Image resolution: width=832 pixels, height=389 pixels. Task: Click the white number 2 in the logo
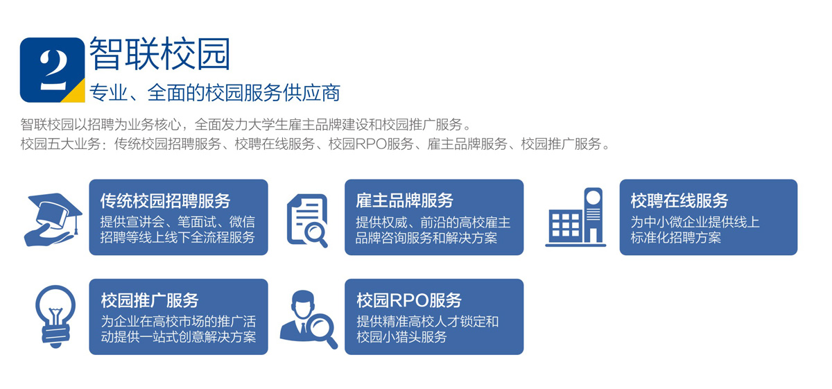coord(54,69)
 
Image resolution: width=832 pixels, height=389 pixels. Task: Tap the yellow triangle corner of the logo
coord(77,94)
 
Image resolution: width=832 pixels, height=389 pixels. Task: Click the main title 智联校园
coord(159,53)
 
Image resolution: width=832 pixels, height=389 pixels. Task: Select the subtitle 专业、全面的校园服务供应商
coord(215,92)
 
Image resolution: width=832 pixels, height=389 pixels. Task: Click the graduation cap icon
coord(53,219)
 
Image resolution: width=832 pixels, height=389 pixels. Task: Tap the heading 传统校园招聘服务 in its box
coord(165,200)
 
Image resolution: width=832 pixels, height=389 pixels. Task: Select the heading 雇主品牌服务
coord(404,200)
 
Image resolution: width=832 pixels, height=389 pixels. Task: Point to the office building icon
coord(575,217)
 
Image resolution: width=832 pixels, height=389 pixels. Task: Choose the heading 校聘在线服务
coord(679,200)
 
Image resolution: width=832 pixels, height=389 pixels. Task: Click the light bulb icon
coord(55,317)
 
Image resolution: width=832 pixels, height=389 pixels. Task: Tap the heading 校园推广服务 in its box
coord(150,300)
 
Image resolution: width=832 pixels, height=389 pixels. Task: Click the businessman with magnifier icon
coord(309,320)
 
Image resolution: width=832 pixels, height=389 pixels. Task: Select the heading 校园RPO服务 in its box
coord(409,300)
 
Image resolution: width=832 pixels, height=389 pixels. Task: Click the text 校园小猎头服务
coord(401,337)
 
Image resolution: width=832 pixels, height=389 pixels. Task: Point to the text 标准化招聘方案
coord(675,237)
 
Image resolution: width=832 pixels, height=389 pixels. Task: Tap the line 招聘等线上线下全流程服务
coord(177,237)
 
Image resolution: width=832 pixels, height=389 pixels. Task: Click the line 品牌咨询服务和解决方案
coord(426,237)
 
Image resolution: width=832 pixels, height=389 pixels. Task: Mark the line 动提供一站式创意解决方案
coord(178,337)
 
